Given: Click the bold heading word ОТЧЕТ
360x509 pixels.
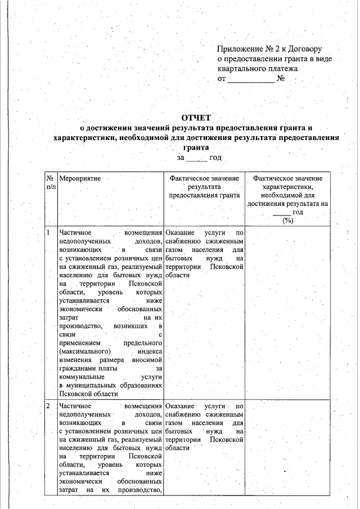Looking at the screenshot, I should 195,118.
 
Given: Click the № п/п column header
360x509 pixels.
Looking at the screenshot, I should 51,182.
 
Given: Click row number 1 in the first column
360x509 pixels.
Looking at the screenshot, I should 49,232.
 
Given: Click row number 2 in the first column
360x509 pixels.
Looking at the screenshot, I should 49,406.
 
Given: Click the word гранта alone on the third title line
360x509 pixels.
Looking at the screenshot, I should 195,147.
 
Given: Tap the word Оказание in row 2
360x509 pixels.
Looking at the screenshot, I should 180,406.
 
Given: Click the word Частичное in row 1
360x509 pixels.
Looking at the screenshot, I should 75,232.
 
